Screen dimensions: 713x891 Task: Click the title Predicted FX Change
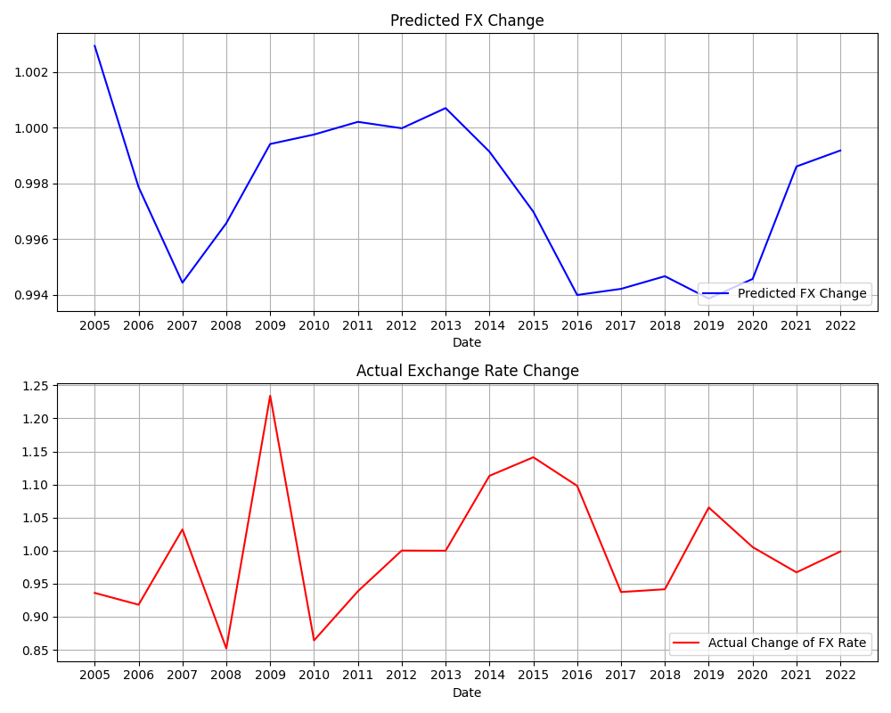467,20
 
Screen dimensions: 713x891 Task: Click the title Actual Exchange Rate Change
467,371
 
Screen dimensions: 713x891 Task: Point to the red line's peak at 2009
270,396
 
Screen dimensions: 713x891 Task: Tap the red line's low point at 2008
226,648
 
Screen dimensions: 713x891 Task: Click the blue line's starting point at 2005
94,45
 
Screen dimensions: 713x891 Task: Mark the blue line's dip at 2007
183,283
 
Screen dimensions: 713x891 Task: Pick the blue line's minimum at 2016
577,295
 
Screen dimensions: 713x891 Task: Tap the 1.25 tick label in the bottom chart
35,386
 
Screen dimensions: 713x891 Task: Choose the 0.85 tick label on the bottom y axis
35,651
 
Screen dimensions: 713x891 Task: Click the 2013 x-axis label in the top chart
445,326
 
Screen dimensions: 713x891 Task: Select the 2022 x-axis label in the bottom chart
839,676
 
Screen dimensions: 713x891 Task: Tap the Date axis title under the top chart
467,342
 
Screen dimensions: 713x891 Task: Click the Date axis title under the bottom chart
467,693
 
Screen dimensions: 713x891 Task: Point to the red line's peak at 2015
534,457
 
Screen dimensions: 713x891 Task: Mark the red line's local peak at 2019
708,507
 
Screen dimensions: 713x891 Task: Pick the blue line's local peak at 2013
445,108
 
